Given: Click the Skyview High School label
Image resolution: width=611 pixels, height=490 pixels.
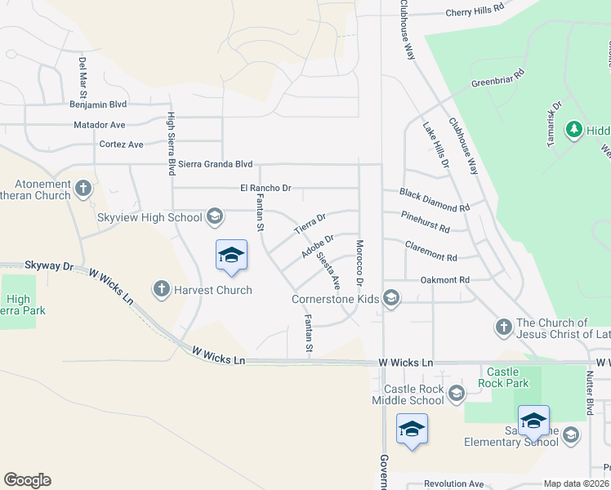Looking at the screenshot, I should [x=149, y=217].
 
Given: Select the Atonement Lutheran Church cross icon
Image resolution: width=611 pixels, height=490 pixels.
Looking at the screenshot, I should [x=83, y=189].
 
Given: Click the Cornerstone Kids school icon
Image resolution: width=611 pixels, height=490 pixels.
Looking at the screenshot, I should [x=391, y=298].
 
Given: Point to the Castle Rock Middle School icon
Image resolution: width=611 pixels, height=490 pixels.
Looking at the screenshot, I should [x=456, y=394].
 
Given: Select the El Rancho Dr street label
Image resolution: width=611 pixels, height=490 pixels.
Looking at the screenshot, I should [x=265, y=188].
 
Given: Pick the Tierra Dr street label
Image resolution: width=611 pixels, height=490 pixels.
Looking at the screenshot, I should [x=310, y=222].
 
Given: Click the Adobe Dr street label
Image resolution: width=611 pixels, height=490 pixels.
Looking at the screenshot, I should [x=318, y=246].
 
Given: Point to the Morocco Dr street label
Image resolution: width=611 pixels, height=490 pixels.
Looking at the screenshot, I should [x=359, y=262].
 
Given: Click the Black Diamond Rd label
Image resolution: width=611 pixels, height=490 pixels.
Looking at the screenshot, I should [x=435, y=200].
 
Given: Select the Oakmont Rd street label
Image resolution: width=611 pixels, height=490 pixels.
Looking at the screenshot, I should [x=444, y=280].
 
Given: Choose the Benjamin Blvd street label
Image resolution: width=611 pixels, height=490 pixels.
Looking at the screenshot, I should [x=98, y=105].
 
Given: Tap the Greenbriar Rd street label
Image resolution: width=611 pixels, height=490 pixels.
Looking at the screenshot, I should [x=497, y=84].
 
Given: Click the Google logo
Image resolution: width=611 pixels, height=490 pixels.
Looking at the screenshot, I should [x=27, y=480].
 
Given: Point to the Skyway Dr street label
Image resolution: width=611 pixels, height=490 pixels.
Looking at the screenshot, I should [x=49, y=266].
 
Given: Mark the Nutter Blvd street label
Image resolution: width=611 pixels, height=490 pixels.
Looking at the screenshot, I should [x=589, y=393].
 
